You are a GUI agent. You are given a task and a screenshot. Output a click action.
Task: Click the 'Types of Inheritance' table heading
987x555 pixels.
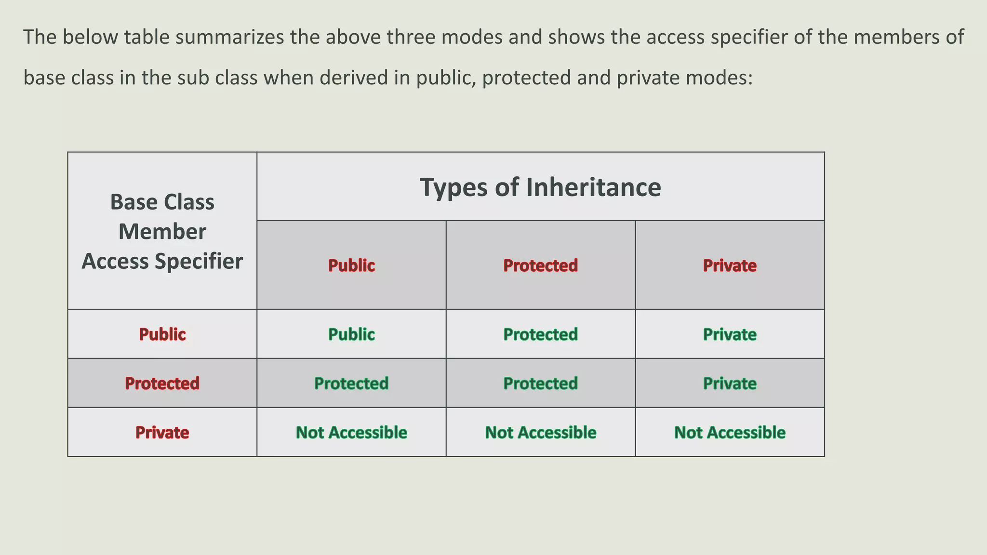tap(540, 187)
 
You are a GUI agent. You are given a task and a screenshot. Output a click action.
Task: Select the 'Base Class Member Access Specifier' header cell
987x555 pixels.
tap(162, 231)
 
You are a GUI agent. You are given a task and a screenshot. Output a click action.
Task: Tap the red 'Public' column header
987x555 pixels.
tap(351, 265)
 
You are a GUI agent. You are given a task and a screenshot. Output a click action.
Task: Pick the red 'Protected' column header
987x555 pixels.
tap(540, 265)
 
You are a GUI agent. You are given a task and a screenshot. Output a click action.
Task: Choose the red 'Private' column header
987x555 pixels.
tap(730, 265)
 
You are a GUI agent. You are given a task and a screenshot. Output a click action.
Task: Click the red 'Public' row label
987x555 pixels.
tap(162, 334)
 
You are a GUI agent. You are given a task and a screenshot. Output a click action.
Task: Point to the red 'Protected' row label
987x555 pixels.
tap(162, 383)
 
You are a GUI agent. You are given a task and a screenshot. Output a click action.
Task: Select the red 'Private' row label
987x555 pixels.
tap(162, 433)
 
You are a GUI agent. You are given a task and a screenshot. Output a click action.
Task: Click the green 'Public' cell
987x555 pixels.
tap(351, 334)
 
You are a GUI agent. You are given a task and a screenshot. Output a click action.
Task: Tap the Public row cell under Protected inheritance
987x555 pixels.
tap(540, 334)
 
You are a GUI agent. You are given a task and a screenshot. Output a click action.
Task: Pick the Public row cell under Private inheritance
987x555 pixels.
tap(730, 334)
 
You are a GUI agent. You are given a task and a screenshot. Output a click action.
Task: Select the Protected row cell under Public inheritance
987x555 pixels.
tap(351, 383)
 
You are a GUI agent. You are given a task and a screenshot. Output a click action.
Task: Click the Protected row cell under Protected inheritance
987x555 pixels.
tap(540, 383)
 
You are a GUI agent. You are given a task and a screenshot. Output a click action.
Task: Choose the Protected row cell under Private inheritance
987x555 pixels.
tap(730, 383)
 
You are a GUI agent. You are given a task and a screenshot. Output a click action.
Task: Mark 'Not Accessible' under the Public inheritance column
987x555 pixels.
tap(351, 433)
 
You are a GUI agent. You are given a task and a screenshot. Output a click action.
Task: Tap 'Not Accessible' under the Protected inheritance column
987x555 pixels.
tap(540, 433)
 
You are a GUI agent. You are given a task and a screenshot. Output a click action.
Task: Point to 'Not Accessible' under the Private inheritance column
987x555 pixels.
tap(730, 433)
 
